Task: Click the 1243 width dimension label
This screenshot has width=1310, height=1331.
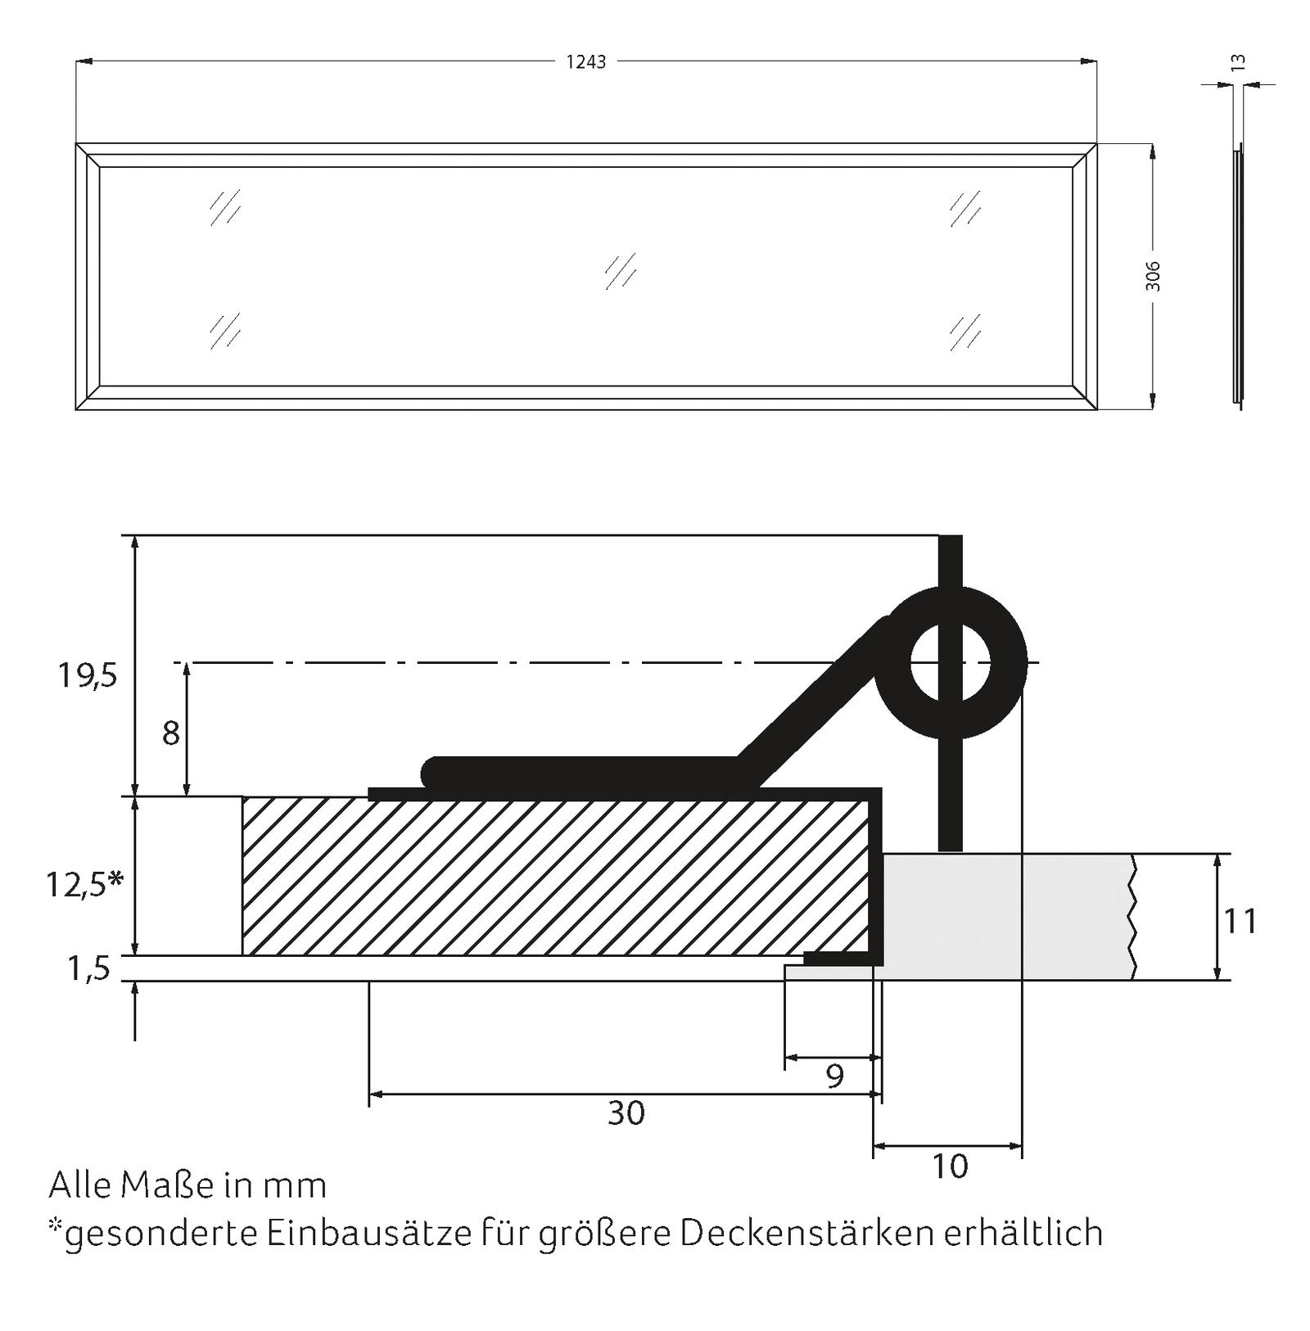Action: click(586, 62)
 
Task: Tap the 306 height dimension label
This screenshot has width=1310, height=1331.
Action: click(1152, 276)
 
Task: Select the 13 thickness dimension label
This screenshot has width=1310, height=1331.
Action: click(1238, 61)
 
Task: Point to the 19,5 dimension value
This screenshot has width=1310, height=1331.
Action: click(87, 676)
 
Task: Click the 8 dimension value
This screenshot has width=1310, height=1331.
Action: click(170, 733)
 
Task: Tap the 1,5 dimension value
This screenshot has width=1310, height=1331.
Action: click(88, 968)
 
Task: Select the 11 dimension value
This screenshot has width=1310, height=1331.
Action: click(1240, 922)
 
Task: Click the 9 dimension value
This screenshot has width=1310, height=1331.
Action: click(834, 1076)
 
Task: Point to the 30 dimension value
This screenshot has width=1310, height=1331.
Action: click(626, 1112)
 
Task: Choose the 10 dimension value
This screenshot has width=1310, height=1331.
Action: click(950, 1166)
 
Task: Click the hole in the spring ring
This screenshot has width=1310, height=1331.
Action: click(950, 662)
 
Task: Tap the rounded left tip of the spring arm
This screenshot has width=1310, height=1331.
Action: click(431, 771)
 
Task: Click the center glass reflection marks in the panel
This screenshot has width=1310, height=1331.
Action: click(621, 271)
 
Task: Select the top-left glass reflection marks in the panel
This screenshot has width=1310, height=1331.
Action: click(224, 207)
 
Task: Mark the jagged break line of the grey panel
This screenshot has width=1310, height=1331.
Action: click(1133, 917)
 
